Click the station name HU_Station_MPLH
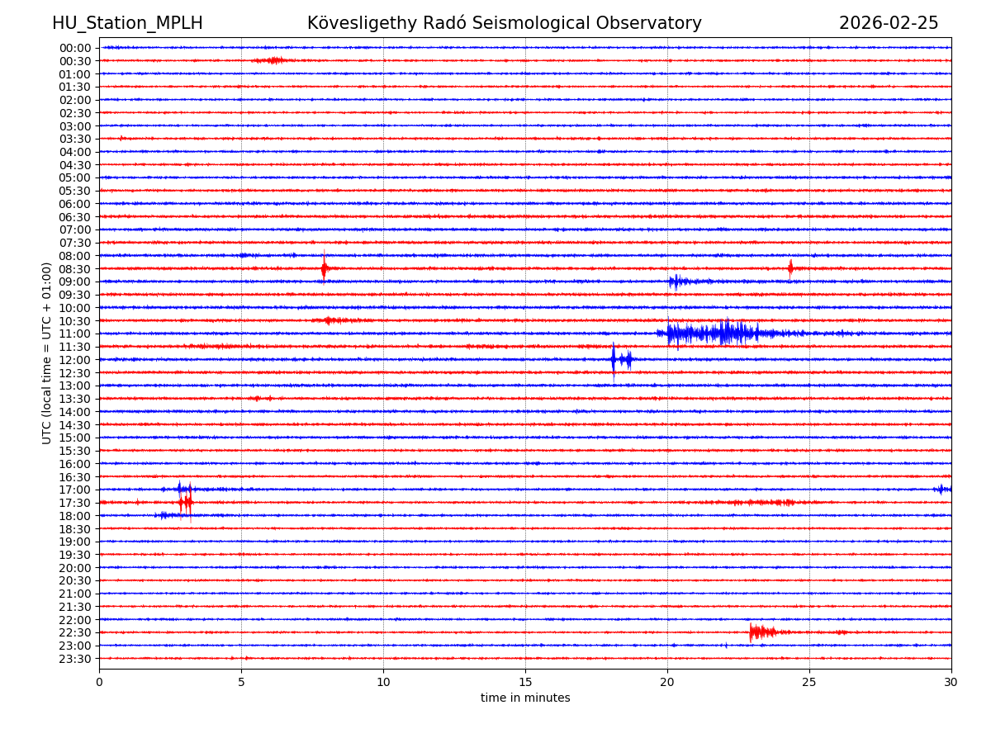coord(127,23)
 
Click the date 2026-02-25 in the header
coord(889,23)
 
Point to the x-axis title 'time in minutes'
coord(525,698)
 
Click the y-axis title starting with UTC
coord(47,353)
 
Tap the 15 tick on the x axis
coord(525,682)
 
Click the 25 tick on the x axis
coord(809,682)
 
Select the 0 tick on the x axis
coord(99,682)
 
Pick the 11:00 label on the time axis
coord(74,334)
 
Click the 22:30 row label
coord(74,632)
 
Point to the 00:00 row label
coord(74,48)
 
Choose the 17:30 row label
coord(74,503)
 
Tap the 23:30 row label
coord(74,659)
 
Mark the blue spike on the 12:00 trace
coord(614,359)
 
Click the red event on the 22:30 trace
coord(760,632)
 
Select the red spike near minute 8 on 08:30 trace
coord(324,268)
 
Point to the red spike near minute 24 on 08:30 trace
coord(790,268)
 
